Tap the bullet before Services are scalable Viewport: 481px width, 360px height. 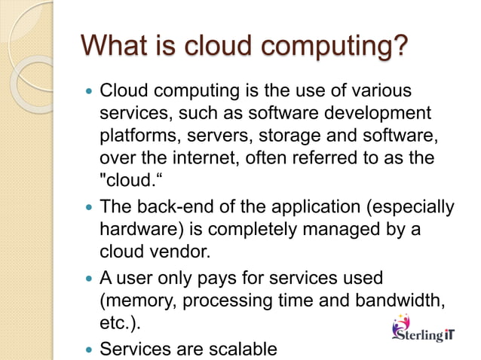[x=90, y=349]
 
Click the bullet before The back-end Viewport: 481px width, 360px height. [x=90, y=207]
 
